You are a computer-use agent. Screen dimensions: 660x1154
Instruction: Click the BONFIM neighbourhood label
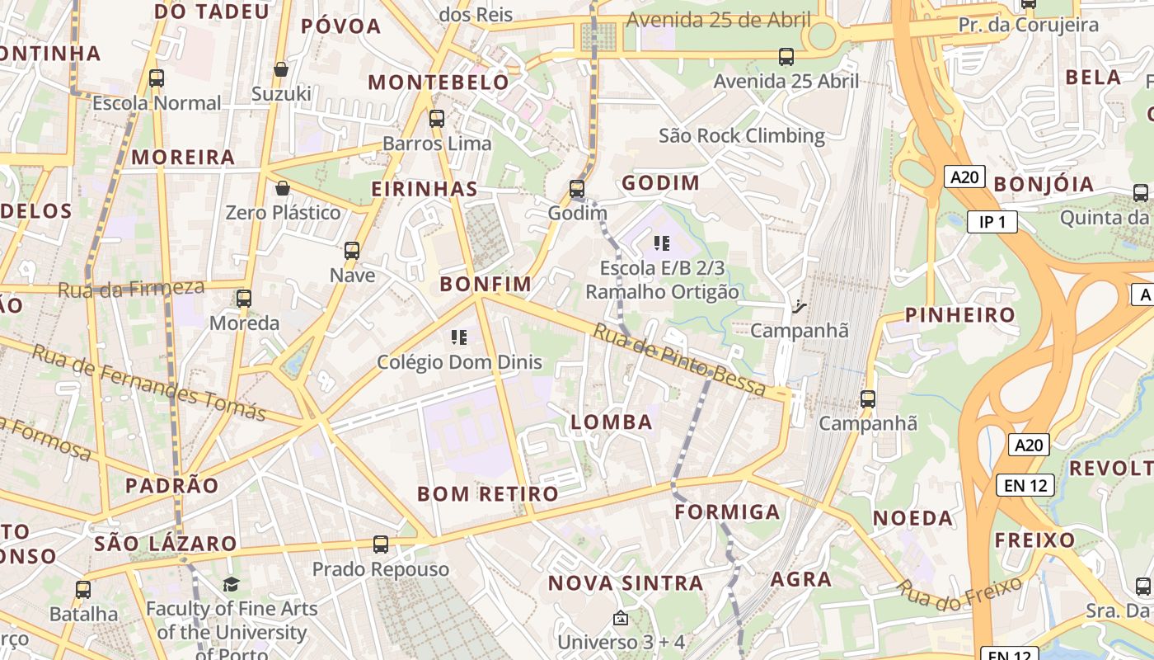coord(486,285)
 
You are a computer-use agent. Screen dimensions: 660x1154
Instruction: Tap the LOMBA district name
coord(611,422)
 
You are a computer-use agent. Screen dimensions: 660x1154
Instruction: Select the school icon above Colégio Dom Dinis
coord(460,337)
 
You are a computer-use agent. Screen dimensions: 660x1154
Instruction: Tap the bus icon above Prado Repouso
coord(380,544)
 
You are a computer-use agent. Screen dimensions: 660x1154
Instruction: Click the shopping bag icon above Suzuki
coord(281,69)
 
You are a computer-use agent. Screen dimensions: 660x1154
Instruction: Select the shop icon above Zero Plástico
coord(283,188)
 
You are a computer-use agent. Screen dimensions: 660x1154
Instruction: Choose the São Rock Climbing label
coord(741,135)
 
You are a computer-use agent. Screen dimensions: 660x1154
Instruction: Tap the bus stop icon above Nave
coord(352,250)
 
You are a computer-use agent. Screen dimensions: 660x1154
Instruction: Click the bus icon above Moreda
coord(243,298)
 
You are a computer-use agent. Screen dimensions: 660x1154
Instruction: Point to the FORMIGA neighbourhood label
coord(727,512)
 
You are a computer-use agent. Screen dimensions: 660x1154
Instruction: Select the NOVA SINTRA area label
coord(626,583)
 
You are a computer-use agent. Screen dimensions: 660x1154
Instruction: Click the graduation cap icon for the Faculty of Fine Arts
coord(231,585)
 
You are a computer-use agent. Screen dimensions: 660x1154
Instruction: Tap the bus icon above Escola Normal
coord(157,78)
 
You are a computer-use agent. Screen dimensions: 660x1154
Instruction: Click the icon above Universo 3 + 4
coord(621,618)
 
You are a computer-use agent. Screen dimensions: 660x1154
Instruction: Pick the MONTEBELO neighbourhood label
coord(439,82)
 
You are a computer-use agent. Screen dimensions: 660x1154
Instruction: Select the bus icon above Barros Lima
coord(437,119)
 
